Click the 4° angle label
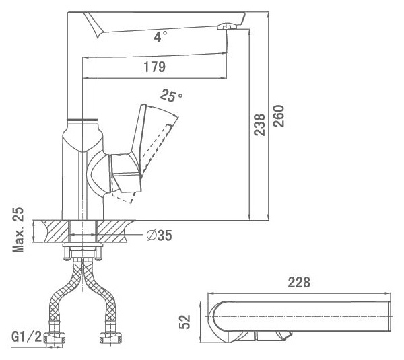tap(160, 36)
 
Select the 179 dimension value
tap(154, 67)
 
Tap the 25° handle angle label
tap(171, 96)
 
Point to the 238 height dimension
tap(259, 124)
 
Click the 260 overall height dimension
tap(279, 116)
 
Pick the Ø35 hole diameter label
tap(159, 235)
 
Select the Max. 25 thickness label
tap(18, 229)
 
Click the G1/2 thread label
tap(26, 336)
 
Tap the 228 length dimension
tap(299, 282)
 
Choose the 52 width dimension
tap(184, 322)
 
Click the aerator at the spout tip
tap(228, 26)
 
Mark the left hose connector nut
tap(55, 338)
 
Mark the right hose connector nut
tap(110, 338)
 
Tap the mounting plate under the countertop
tap(83, 245)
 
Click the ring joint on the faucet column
tap(82, 120)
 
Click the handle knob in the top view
tap(273, 336)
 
